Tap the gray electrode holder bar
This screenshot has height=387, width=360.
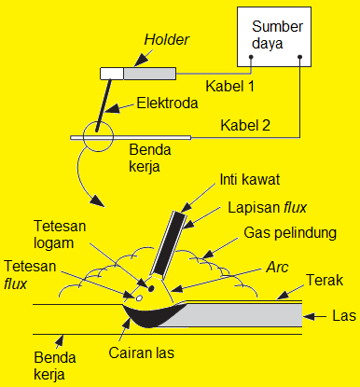pos(149,73)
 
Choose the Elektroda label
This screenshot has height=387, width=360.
pos(168,104)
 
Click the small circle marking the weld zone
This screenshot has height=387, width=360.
pos(96,138)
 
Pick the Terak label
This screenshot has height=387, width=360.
pos(325,280)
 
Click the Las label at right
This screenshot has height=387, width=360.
pos(342,317)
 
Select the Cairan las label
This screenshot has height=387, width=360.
pos(157,355)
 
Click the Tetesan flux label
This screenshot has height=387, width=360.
pos(28,273)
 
